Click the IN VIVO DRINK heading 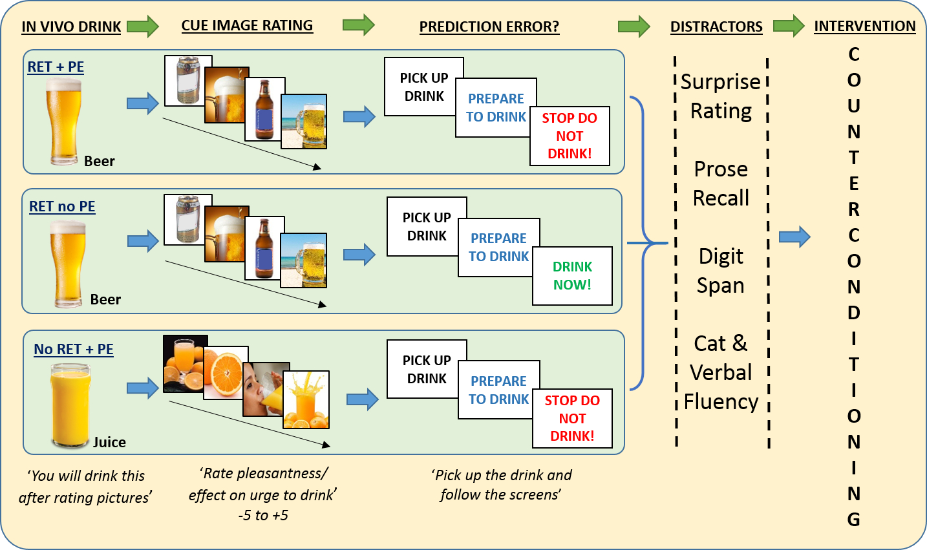[x=70, y=26]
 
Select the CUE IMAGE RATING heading [x=247, y=26]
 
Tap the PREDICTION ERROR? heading [x=489, y=26]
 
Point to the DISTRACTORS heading [x=716, y=26]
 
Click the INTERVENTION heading [x=864, y=26]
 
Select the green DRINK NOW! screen [x=572, y=276]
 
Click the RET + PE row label [x=56, y=67]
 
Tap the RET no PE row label [x=62, y=207]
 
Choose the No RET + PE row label [x=73, y=349]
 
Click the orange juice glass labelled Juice [x=70, y=405]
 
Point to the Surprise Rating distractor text [x=721, y=96]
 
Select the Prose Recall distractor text [x=721, y=184]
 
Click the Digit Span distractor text [x=721, y=271]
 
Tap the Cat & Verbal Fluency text [x=721, y=372]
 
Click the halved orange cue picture [x=226, y=373]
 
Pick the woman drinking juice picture [x=266, y=390]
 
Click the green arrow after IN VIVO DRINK [x=143, y=26]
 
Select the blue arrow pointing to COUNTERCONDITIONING [x=794, y=237]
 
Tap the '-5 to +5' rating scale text [x=263, y=516]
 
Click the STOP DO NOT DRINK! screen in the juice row [x=572, y=418]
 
